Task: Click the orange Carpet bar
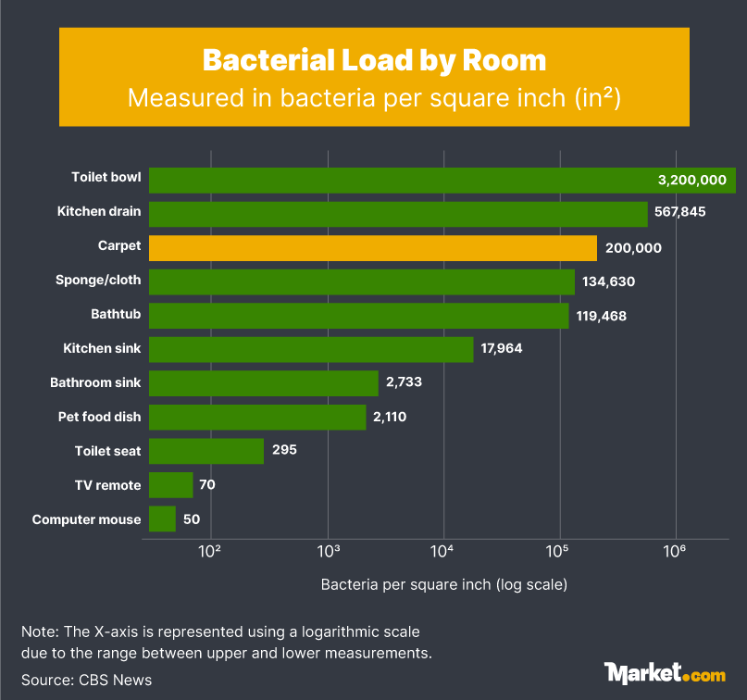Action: point(372,248)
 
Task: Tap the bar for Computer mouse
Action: point(162,519)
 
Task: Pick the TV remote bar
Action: point(170,485)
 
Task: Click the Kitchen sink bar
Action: point(311,349)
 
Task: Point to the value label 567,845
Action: point(680,212)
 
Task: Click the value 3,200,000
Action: point(691,181)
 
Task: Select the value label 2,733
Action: point(404,383)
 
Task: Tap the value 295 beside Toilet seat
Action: point(284,451)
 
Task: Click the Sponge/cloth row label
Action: point(99,281)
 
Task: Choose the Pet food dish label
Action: point(99,417)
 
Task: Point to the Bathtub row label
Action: point(116,315)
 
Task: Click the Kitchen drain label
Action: point(99,212)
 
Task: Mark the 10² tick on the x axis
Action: point(210,552)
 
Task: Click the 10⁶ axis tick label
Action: point(675,552)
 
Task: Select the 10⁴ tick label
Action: point(442,552)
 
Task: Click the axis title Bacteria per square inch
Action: point(443,585)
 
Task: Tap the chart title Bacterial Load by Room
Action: point(374,60)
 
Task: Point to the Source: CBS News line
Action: point(87,680)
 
